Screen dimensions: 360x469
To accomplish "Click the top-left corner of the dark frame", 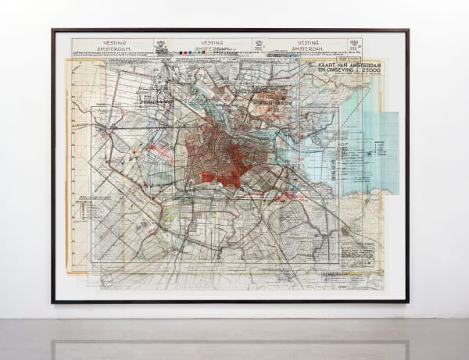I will pyautogui.click(x=53, y=30).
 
